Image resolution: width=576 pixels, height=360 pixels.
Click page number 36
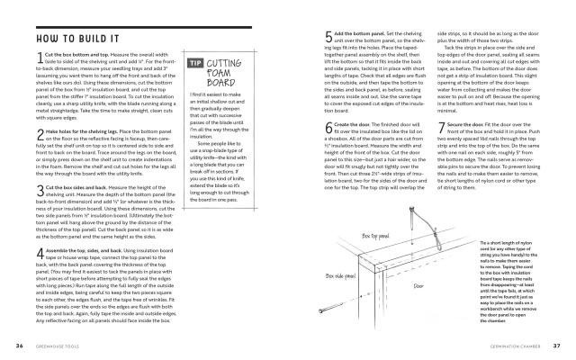pyautogui.click(x=19, y=345)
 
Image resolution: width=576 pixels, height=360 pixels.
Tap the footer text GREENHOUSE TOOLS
pyautogui.click(x=59, y=345)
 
